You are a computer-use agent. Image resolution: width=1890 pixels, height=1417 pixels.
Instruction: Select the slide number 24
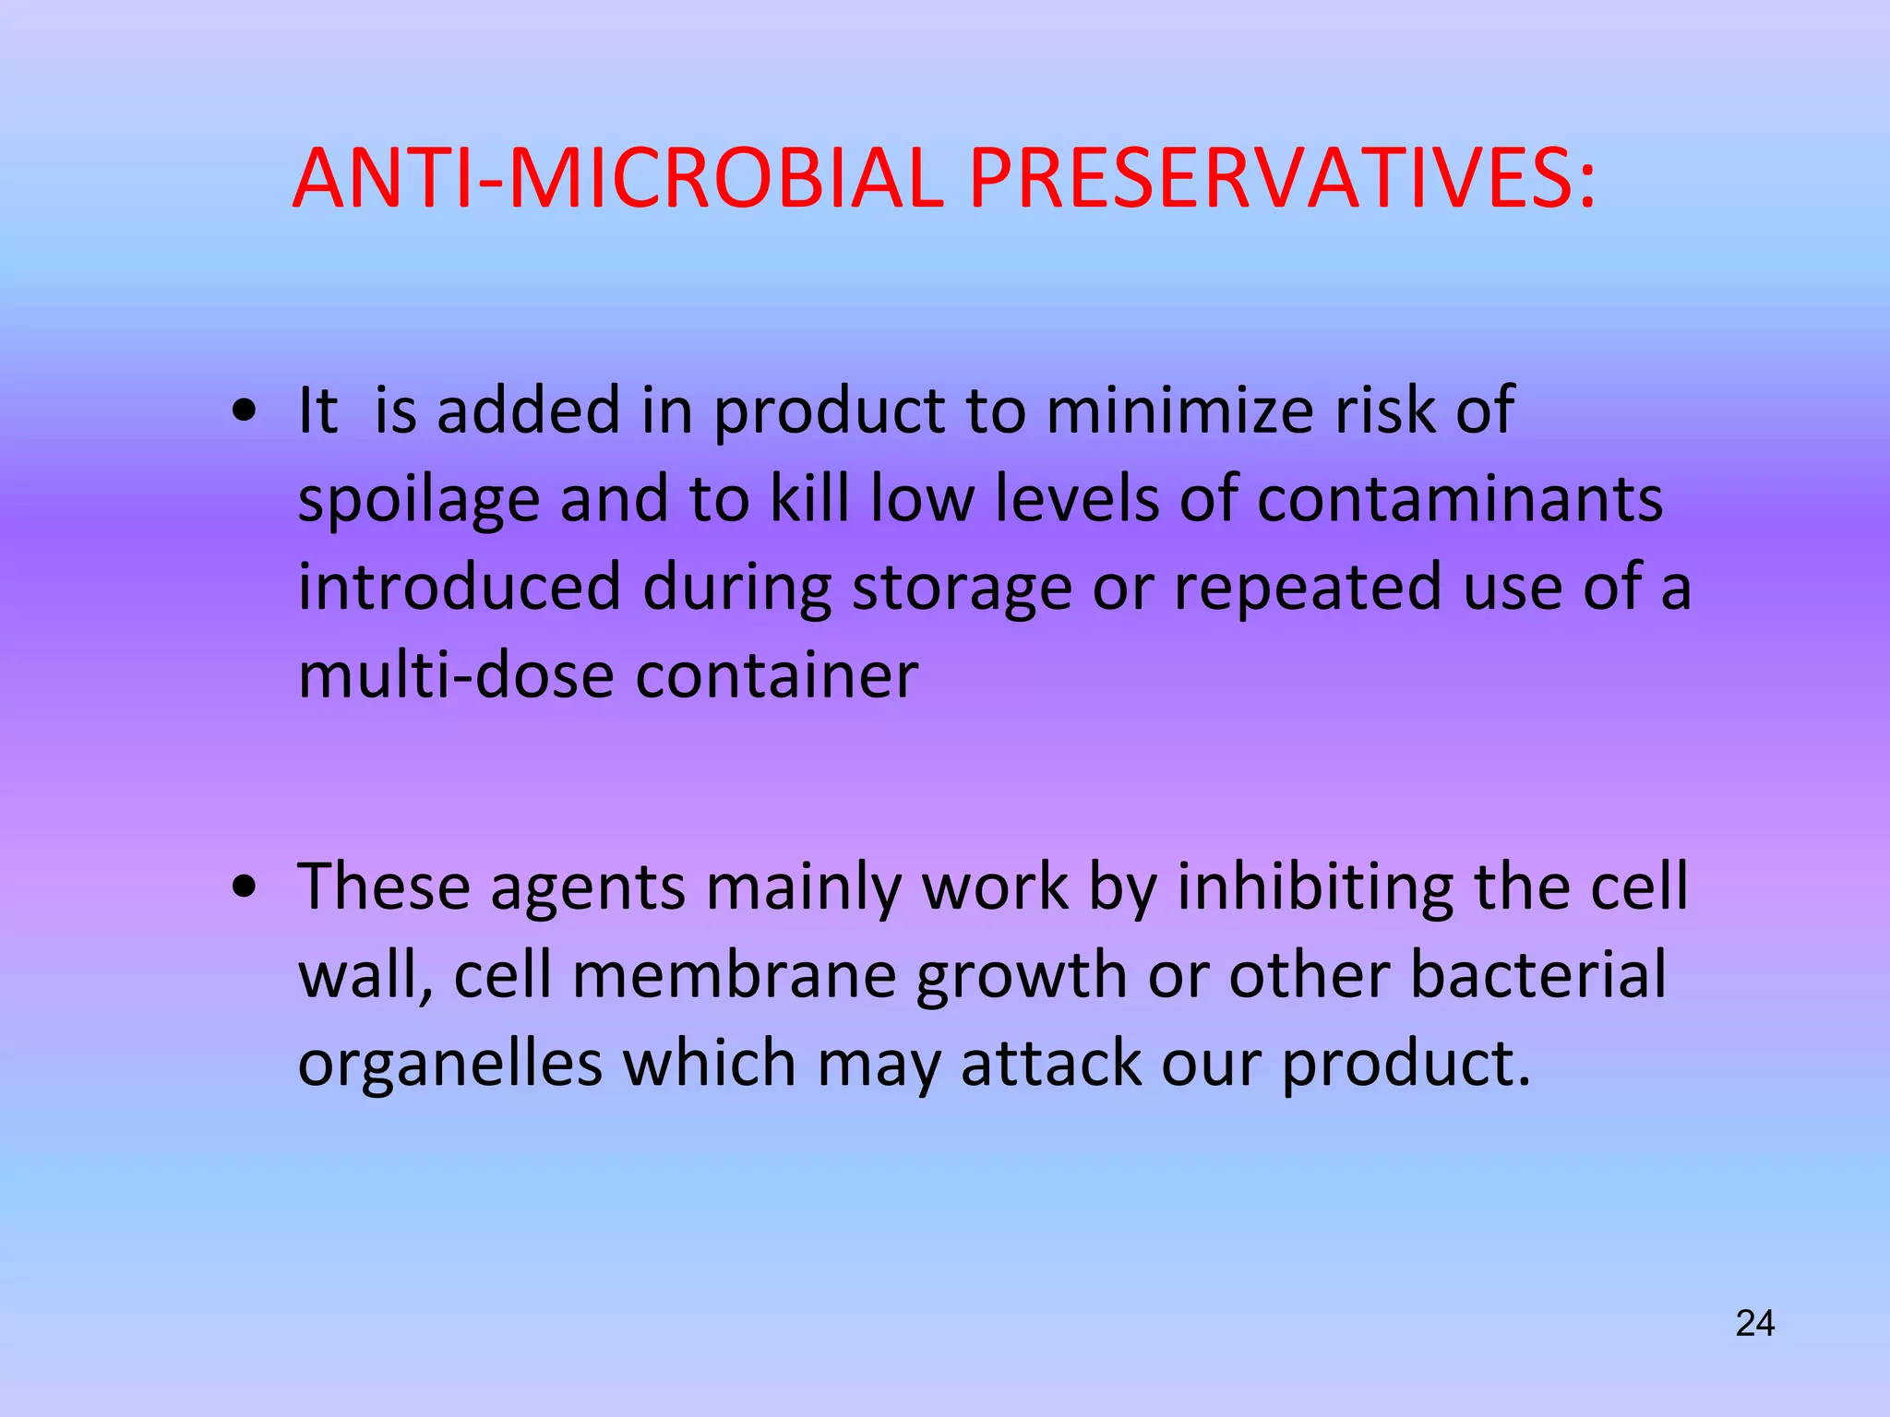tap(1754, 1324)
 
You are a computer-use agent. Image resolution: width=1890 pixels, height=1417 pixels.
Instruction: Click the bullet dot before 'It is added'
tap(245, 412)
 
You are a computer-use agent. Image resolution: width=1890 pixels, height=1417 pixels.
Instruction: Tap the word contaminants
tap(1460, 499)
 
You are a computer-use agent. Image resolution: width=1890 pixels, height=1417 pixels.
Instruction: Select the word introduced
tap(460, 588)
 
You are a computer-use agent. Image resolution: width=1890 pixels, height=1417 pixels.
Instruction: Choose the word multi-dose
tap(456, 675)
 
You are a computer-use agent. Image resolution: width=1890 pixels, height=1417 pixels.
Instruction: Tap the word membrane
tap(735, 975)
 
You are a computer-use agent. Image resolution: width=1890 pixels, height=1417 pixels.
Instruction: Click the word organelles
tap(449, 1065)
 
